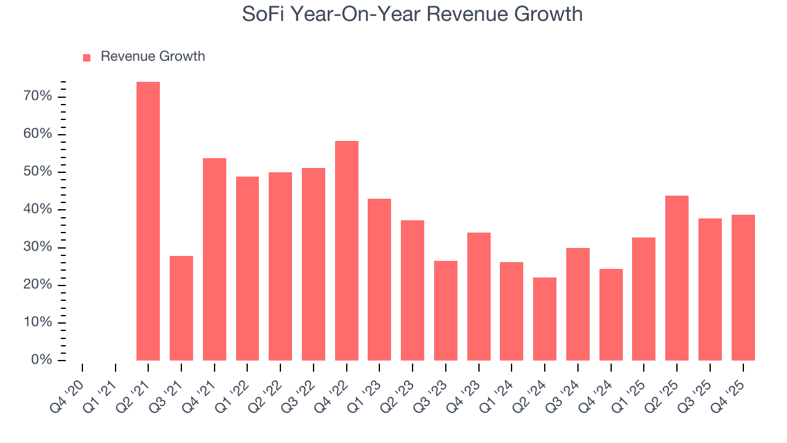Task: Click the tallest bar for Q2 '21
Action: tap(148, 221)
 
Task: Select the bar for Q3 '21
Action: tap(181, 308)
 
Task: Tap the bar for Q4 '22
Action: tap(347, 250)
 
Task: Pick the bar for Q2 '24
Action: tap(545, 319)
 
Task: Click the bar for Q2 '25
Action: tap(677, 278)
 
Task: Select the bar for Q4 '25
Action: tap(743, 287)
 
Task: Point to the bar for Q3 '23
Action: tap(446, 311)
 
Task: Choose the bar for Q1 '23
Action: tap(379, 279)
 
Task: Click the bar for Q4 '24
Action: tap(611, 314)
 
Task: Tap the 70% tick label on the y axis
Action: tap(38, 97)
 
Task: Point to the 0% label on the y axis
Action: tap(41, 360)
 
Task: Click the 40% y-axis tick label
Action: tap(38, 210)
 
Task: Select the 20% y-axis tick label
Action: tap(38, 285)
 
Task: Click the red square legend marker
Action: tap(87, 57)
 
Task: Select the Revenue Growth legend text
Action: tap(152, 57)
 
